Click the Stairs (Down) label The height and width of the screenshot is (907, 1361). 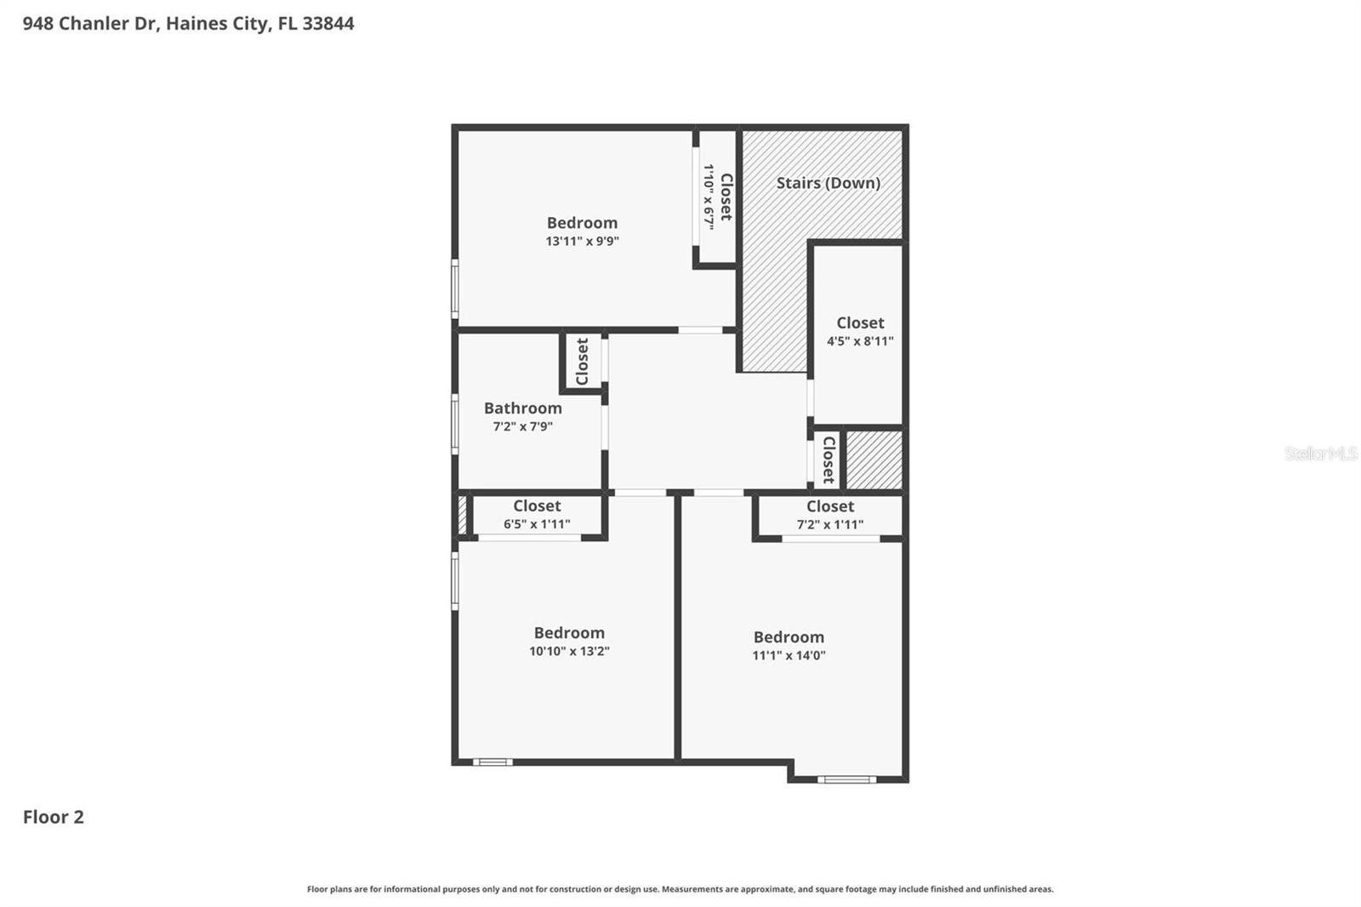coord(828,183)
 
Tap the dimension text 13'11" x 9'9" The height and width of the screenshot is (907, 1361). coord(582,242)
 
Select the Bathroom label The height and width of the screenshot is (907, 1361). coord(522,408)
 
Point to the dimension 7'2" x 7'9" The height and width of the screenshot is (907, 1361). coord(522,427)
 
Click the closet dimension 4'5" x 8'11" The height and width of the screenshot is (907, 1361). coord(860,341)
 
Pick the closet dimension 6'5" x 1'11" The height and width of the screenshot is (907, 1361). coord(537,524)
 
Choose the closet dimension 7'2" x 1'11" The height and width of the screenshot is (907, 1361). coord(829,525)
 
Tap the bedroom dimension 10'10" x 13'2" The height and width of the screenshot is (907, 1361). coord(569,652)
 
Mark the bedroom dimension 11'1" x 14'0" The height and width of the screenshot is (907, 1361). coord(789,656)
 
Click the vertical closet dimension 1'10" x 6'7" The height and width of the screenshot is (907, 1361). coord(708,197)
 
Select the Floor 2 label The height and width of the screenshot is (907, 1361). coord(53,817)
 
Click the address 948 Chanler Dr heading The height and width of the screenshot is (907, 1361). coord(188,24)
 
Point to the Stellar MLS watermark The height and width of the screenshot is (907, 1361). coord(1320,453)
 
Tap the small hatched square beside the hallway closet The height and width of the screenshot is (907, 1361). coord(874,460)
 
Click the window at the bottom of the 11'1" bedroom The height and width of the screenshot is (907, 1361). coord(846,779)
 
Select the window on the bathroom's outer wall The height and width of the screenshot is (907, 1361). coord(455,423)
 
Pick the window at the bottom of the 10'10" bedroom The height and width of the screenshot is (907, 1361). coord(493,762)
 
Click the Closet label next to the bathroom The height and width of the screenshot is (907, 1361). coord(582,362)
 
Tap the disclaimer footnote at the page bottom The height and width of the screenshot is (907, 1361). coord(680,889)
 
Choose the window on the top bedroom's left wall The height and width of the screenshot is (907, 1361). coord(455,289)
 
